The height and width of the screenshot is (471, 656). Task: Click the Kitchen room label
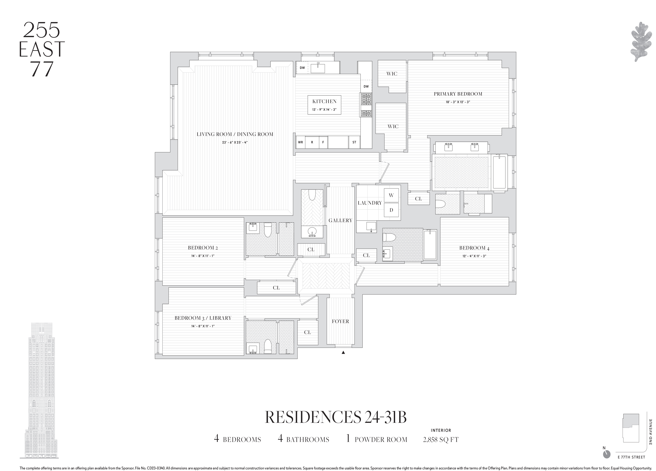pyautogui.click(x=324, y=101)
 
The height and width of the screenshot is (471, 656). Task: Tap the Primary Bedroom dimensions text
pyautogui.click(x=458, y=102)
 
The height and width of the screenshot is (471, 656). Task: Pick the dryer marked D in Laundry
pyautogui.click(x=391, y=210)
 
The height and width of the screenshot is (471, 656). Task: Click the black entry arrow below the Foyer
pyautogui.click(x=343, y=352)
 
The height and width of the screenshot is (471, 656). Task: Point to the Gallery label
pyautogui.click(x=340, y=220)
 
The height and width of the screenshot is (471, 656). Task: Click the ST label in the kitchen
pyautogui.click(x=354, y=142)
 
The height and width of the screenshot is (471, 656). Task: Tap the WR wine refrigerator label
pyautogui.click(x=300, y=142)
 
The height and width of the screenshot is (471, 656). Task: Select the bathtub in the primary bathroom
pyautogui.click(x=499, y=173)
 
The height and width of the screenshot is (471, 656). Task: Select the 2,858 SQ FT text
pyautogui.click(x=440, y=439)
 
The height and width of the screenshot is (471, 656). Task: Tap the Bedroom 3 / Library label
pyautogui.click(x=203, y=318)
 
